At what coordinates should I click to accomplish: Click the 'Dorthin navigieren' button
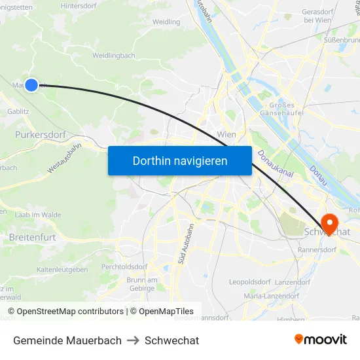[x=179, y=160]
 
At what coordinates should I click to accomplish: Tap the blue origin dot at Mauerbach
[x=31, y=84]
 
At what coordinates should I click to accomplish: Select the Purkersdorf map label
[x=40, y=135]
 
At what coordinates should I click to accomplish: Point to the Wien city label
[x=226, y=134]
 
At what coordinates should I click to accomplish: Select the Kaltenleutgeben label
[x=62, y=270]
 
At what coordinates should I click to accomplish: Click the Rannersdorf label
[x=317, y=249]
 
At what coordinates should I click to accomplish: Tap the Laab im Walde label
[x=38, y=214]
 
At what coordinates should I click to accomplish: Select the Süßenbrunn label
[x=341, y=40]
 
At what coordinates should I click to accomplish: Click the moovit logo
[x=320, y=340]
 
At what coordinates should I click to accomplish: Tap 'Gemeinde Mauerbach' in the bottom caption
[x=67, y=340]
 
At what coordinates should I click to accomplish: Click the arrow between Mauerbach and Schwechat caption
[x=133, y=340]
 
